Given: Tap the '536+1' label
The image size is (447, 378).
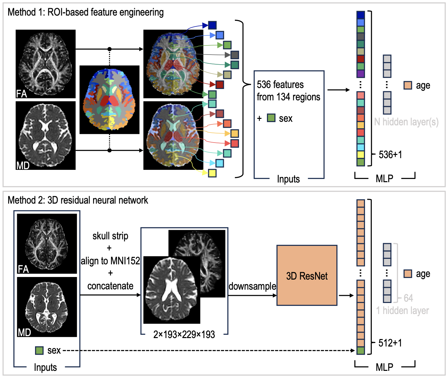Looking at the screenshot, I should [x=390, y=155].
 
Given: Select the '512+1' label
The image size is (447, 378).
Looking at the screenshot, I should [x=390, y=343].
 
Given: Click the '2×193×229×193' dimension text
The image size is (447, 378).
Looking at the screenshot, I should [x=184, y=334].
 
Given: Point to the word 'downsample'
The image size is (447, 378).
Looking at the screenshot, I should [x=252, y=286].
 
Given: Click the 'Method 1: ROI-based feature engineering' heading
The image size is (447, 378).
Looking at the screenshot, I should [x=86, y=12].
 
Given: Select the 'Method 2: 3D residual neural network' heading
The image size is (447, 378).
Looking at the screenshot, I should [x=78, y=200].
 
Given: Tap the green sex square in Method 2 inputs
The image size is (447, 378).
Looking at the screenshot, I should [x=39, y=350].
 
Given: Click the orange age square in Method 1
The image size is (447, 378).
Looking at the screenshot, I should [x=408, y=85].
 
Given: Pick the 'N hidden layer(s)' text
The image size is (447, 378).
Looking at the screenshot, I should [x=406, y=122].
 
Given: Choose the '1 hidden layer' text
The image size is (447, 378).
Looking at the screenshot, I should [x=402, y=310].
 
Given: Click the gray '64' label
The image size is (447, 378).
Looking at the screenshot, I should [x=408, y=298].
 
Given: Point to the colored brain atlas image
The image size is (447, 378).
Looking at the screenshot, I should [x=109, y=100].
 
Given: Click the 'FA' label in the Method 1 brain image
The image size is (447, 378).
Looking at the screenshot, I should [x=21, y=94].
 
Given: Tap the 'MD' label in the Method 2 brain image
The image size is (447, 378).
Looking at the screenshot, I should [x=24, y=332].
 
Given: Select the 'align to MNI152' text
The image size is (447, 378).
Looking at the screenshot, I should [x=110, y=261].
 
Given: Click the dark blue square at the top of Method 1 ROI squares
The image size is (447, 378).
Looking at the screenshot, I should [x=212, y=25].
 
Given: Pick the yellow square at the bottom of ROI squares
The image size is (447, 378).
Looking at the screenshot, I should [x=212, y=173].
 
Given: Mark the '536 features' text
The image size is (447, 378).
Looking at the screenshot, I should [x=280, y=85].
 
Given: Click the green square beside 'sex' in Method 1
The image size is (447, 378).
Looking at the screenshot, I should [x=271, y=118].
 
